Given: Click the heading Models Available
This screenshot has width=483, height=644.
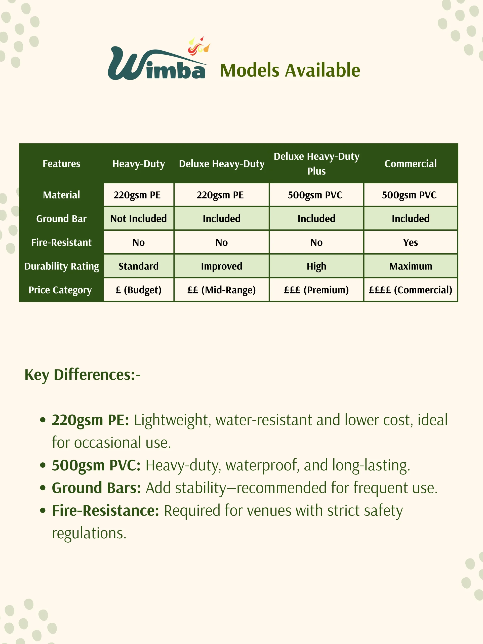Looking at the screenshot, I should pyautogui.click(x=290, y=70).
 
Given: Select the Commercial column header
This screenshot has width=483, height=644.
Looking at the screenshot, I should pyautogui.click(x=411, y=164).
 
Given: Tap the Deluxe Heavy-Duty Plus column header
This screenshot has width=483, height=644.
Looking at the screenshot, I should pyautogui.click(x=316, y=164).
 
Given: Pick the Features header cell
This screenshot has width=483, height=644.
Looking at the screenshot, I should pyautogui.click(x=61, y=164).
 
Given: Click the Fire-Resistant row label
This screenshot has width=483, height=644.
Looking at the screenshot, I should pyautogui.click(x=61, y=243).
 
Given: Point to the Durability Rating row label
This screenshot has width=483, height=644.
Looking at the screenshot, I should pyautogui.click(x=61, y=266).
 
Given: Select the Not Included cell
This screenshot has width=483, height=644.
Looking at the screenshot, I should pyautogui.click(x=139, y=219).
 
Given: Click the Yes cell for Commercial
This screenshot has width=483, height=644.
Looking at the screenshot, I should pyautogui.click(x=411, y=243).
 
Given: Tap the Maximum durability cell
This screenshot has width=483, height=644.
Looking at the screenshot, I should pyautogui.click(x=411, y=266).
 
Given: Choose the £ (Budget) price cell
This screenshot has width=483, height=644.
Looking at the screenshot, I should pyautogui.click(x=139, y=290).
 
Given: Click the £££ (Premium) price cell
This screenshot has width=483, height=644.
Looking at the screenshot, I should pyautogui.click(x=316, y=290).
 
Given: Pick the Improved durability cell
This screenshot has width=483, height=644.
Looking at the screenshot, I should pyautogui.click(x=222, y=266).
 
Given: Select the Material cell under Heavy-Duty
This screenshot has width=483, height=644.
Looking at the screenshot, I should pyautogui.click(x=137, y=195).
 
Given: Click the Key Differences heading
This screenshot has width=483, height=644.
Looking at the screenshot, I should pyautogui.click(x=83, y=375).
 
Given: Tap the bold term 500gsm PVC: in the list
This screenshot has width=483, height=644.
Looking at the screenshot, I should pyautogui.click(x=96, y=465).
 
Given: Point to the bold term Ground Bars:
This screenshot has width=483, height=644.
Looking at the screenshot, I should pyautogui.click(x=96, y=488).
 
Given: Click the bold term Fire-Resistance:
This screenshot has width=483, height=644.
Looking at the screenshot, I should pyautogui.click(x=105, y=511).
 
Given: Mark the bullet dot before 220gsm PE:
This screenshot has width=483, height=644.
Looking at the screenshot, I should pyautogui.click(x=43, y=420).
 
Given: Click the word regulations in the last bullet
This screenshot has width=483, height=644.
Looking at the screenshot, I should pyautogui.click(x=89, y=533).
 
